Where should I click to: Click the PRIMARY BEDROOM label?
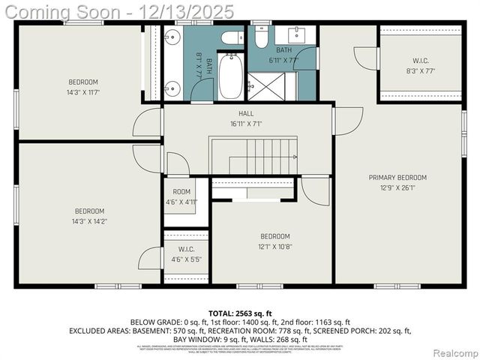(397, 178)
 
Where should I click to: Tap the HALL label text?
(246, 113)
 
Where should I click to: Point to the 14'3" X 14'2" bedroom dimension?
(89, 222)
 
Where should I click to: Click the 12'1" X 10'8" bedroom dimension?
(275, 246)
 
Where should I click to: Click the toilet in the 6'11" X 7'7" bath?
(261, 37)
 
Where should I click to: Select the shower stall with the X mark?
(271, 85)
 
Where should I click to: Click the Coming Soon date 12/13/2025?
(191, 11)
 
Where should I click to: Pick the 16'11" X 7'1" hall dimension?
(246, 124)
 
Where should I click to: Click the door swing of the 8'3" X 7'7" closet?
(365, 57)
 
